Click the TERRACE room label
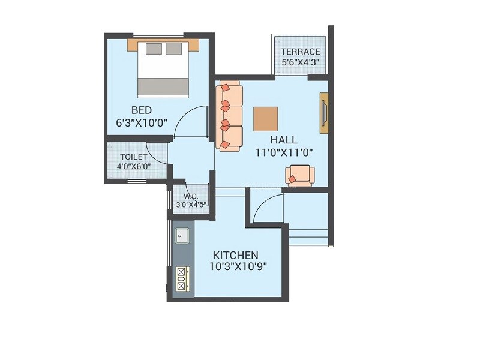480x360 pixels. pyautogui.click(x=301, y=52)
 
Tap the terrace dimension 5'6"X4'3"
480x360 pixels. pyautogui.click(x=301, y=61)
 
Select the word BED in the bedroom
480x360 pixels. pyautogui.click(x=142, y=110)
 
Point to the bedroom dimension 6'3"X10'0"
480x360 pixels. pyautogui.click(x=142, y=122)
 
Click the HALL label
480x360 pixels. pyautogui.click(x=283, y=140)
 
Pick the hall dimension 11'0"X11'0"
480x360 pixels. pyautogui.click(x=283, y=152)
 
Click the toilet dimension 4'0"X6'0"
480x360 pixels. pyautogui.click(x=129, y=167)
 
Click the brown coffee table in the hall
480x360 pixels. pyautogui.click(x=265, y=119)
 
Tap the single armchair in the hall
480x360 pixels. pyautogui.click(x=299, y=175)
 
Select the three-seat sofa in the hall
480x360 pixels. pyautogui.click(x=230, y=115)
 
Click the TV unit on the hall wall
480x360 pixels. pyautogui.click(x=324, y=113)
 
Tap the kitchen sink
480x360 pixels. pyautogui.click(x=182, y=236)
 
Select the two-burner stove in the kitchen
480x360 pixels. pyautogui.click(x=183, y=278)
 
